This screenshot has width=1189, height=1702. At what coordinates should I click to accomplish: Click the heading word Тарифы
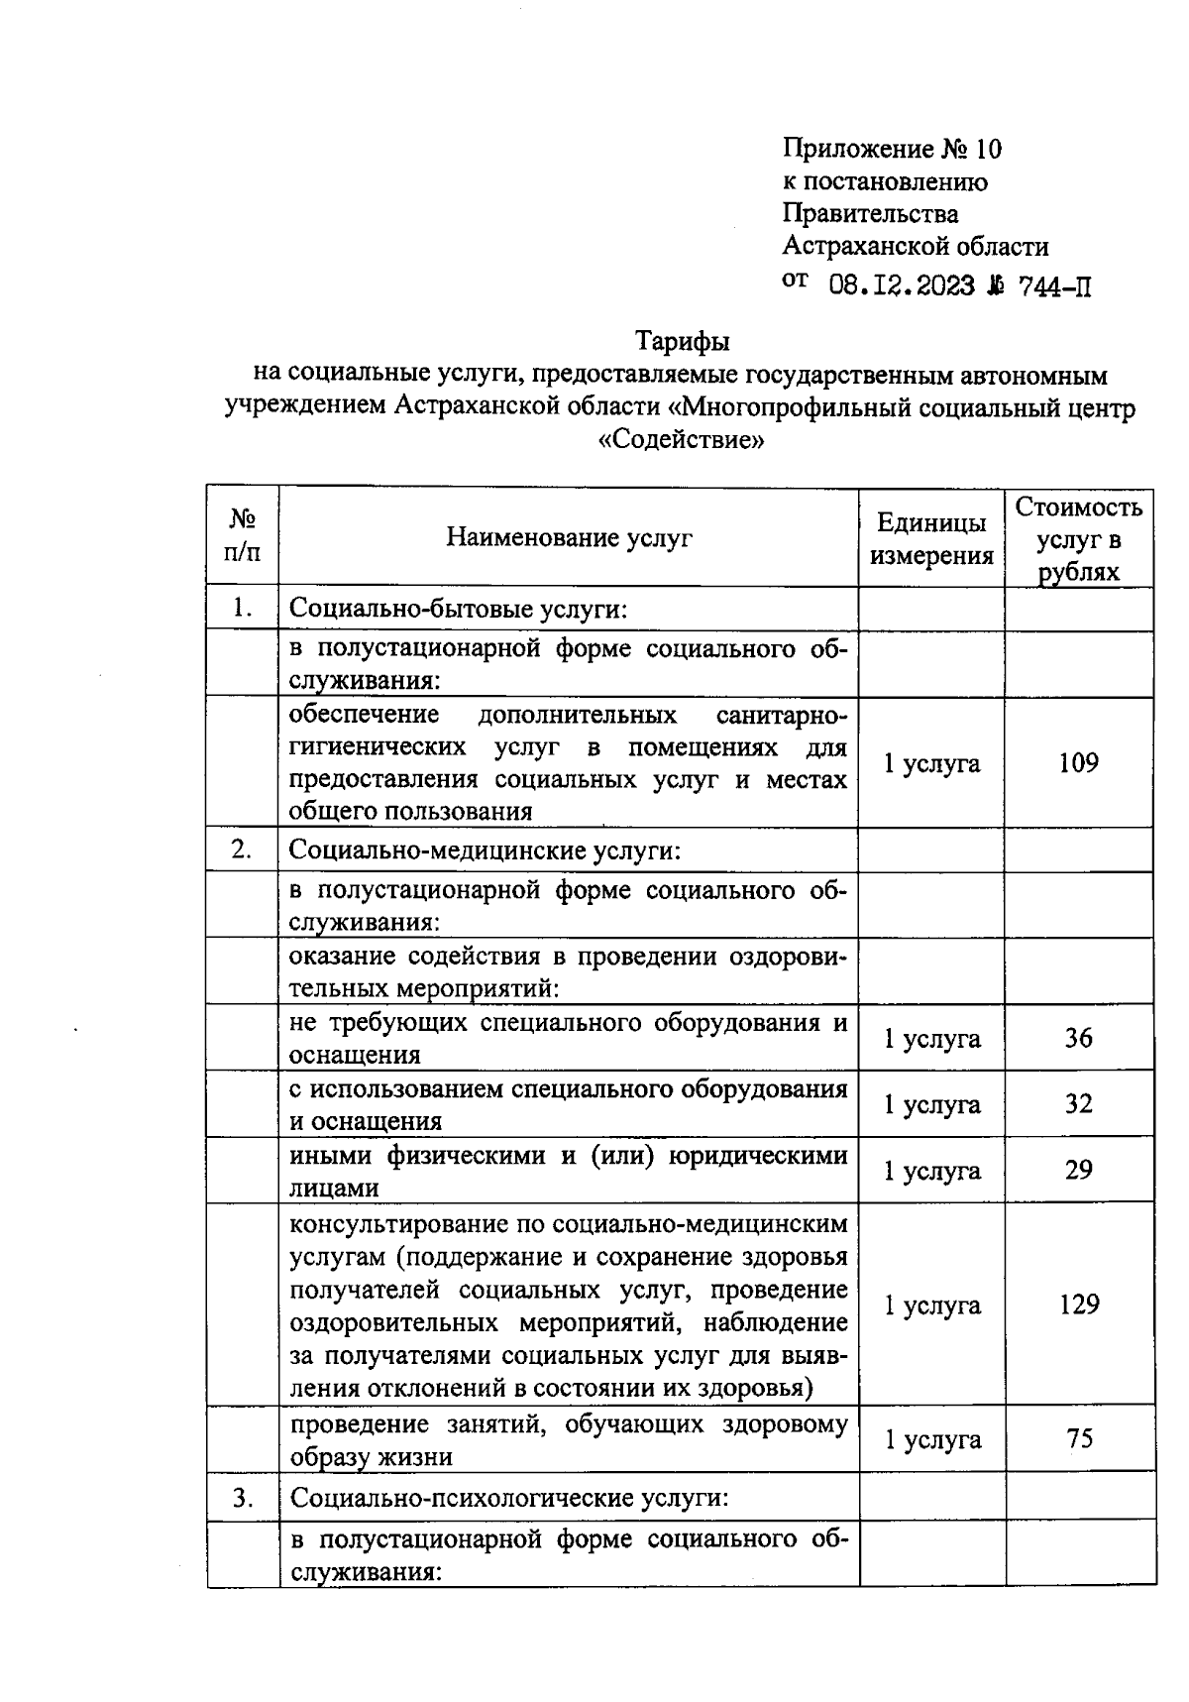[x=682, y=341]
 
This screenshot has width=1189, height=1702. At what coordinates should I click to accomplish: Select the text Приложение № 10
[x=892, y=150]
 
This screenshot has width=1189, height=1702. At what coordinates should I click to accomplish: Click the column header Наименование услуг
[x=569, y=537]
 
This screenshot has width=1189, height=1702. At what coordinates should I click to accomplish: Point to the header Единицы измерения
[x=931, y=539]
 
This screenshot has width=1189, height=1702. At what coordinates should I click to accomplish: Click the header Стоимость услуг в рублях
[x=1079, y=539]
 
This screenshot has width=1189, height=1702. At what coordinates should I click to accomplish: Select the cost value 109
[x=1078, y=762]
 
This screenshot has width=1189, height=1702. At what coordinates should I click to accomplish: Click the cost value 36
[x=1078, y=1038]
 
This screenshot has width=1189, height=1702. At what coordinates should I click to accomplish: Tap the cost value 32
[x=1078, y=1103]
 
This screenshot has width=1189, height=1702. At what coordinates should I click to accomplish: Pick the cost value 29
[x=1078, y=1170]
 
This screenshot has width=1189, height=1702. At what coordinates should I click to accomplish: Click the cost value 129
[x=1078, y=1305]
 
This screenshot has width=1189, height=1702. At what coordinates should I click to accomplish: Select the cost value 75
[x=1079, y=1438]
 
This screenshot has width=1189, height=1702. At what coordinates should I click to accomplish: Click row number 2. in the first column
[x=242, y=850]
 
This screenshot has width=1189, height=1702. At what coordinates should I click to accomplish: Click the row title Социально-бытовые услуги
[x=459, y=609]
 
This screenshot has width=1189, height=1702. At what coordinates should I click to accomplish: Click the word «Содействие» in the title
[x=683, y=439]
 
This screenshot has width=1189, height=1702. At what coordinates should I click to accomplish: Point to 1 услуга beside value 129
[x=931, y=1305]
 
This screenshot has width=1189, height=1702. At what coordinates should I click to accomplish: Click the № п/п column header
[x=243, y=536]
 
